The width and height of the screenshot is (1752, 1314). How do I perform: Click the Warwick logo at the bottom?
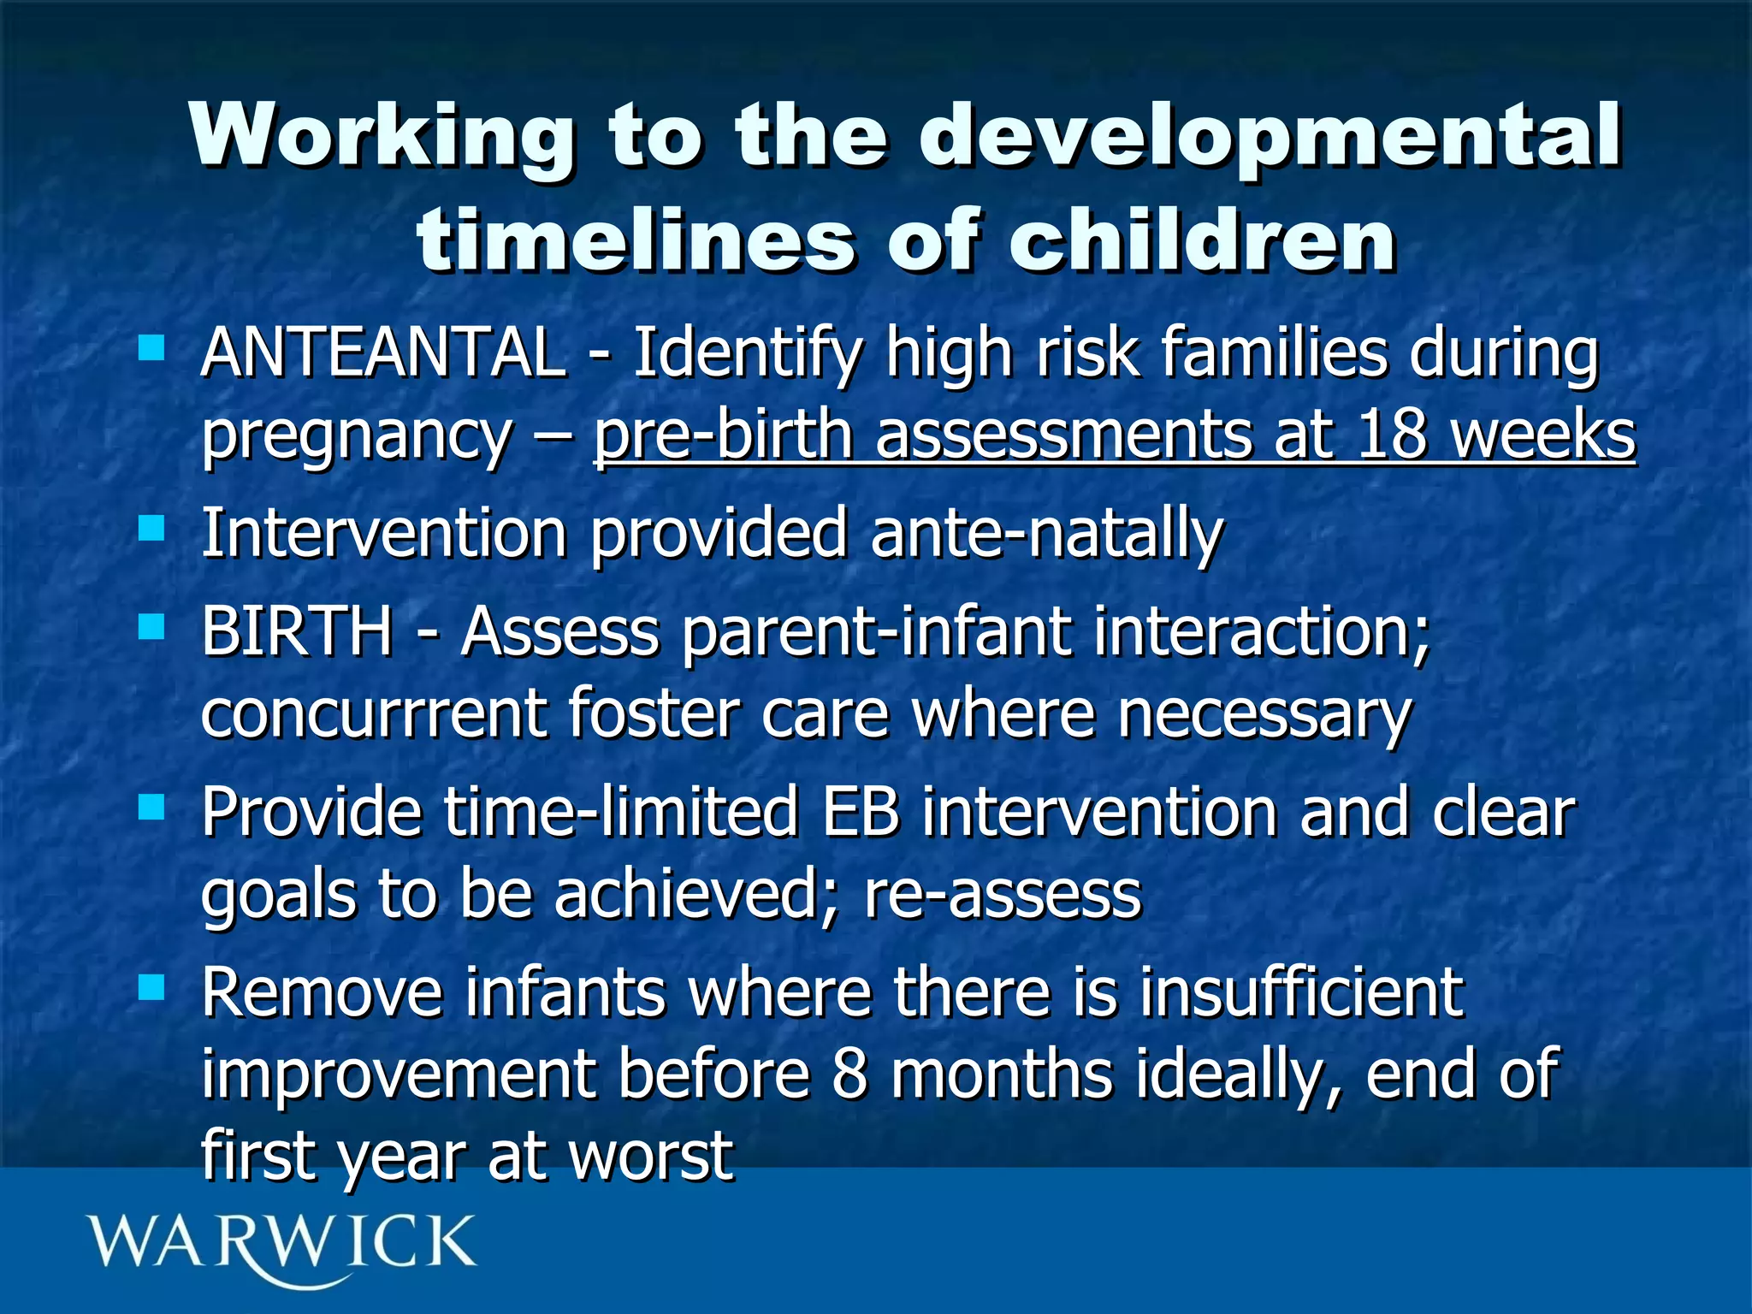click(x=281, y=1245)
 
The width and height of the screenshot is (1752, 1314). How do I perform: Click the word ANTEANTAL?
click(x=382, y=353)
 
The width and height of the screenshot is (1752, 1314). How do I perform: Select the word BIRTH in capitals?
click(x=297, y=631)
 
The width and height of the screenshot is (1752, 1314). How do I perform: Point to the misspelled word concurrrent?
click(x=374, y=713)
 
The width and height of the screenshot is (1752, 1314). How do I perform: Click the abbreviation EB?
click(x=861, y=812)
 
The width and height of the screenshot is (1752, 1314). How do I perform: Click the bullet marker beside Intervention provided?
click(x=151, y=528)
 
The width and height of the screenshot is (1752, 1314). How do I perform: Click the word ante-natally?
click(x=1046, y=533)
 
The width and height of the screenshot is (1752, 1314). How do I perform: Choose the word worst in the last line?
click(x=651, y=1155)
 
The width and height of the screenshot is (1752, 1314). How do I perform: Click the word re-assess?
click(x=1003, y=895)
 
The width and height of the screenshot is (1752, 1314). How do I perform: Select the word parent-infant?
click(x=877, y=631)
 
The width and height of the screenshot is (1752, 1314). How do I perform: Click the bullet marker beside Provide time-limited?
click(x=151, y=807)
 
